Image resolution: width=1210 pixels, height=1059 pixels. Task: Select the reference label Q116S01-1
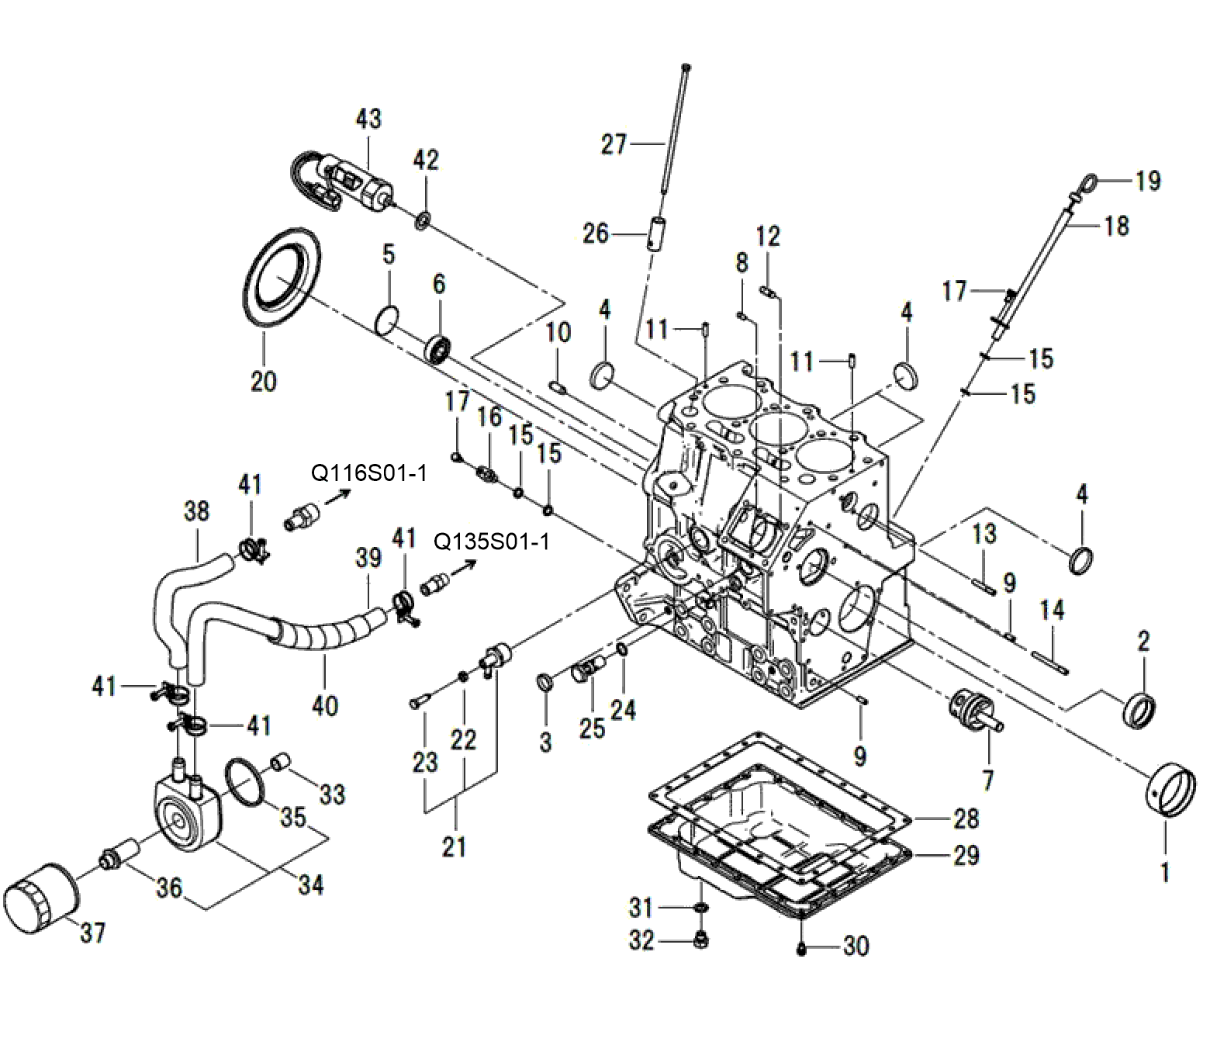pos(369,473)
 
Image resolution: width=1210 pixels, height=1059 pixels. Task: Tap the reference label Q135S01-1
pos(492,542)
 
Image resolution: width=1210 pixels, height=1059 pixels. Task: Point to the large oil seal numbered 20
pos(282,276)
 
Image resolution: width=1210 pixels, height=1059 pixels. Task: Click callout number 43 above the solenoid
pos(368,119)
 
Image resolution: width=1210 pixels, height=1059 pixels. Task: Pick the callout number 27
pos(614,144)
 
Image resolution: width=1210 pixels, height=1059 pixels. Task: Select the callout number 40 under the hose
pos(325,707)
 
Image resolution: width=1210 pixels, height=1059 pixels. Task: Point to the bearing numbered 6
pos(440,348)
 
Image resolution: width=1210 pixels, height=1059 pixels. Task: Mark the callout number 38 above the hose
pos(196,511)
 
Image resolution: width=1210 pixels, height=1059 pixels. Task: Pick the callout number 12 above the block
pos(768,237)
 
